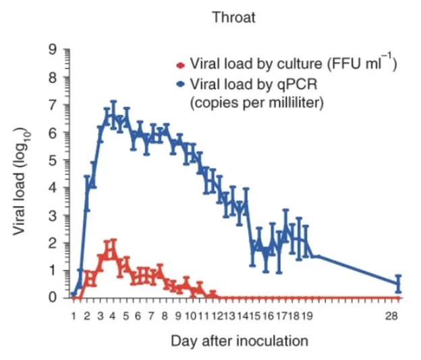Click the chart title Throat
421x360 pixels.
tap(234, 18)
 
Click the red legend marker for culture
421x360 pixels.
tap(180, 66)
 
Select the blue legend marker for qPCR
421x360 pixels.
tap(180, 85)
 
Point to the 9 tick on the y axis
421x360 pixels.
tap(54, 49)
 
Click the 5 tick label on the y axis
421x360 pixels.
tap(54, 160)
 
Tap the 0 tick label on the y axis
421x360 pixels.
tap(54, 298)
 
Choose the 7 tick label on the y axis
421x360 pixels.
tap(54, 105)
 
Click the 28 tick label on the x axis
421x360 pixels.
tap(397, 315)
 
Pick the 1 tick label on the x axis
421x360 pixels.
tap(73, 315)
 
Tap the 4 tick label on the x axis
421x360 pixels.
tap(113, 315)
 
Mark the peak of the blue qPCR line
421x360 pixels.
tap(113, 113)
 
